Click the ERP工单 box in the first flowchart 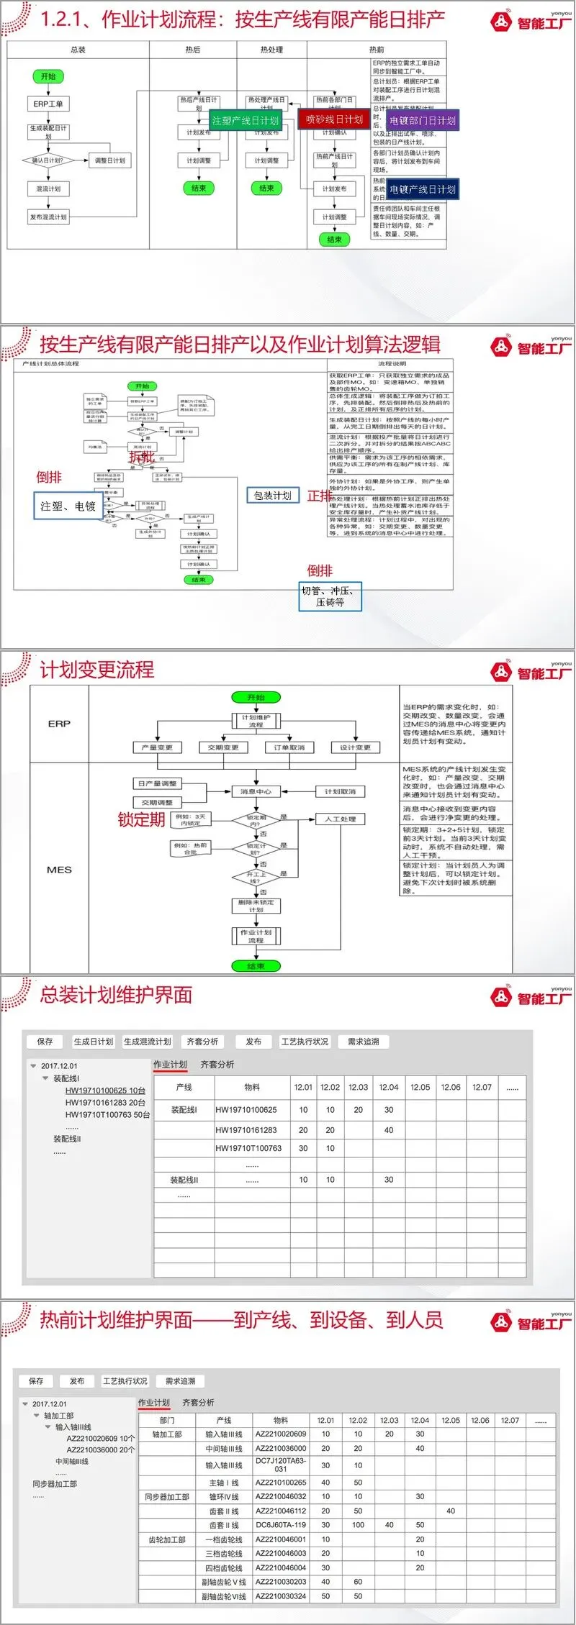(48, 104)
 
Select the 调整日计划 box (109, 160)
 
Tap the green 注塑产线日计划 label (245, 120)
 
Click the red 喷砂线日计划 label (334, 119)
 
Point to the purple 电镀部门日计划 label (423, 120)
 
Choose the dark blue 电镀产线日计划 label (423, 189)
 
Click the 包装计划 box (272, 495)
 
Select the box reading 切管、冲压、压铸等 (330, 596)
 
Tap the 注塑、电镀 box (68, 506)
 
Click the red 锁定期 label (141, 819)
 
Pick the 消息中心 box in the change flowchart (256, 791)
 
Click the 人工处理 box (340, 819)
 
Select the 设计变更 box (355, 747)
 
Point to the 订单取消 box (289, 747)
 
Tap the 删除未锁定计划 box (256, 906)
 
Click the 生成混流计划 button (148, 1041)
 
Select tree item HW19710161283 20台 (105, 1102)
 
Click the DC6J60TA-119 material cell (281, 1524)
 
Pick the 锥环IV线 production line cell (224, 1496)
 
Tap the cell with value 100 (358, 1524)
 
